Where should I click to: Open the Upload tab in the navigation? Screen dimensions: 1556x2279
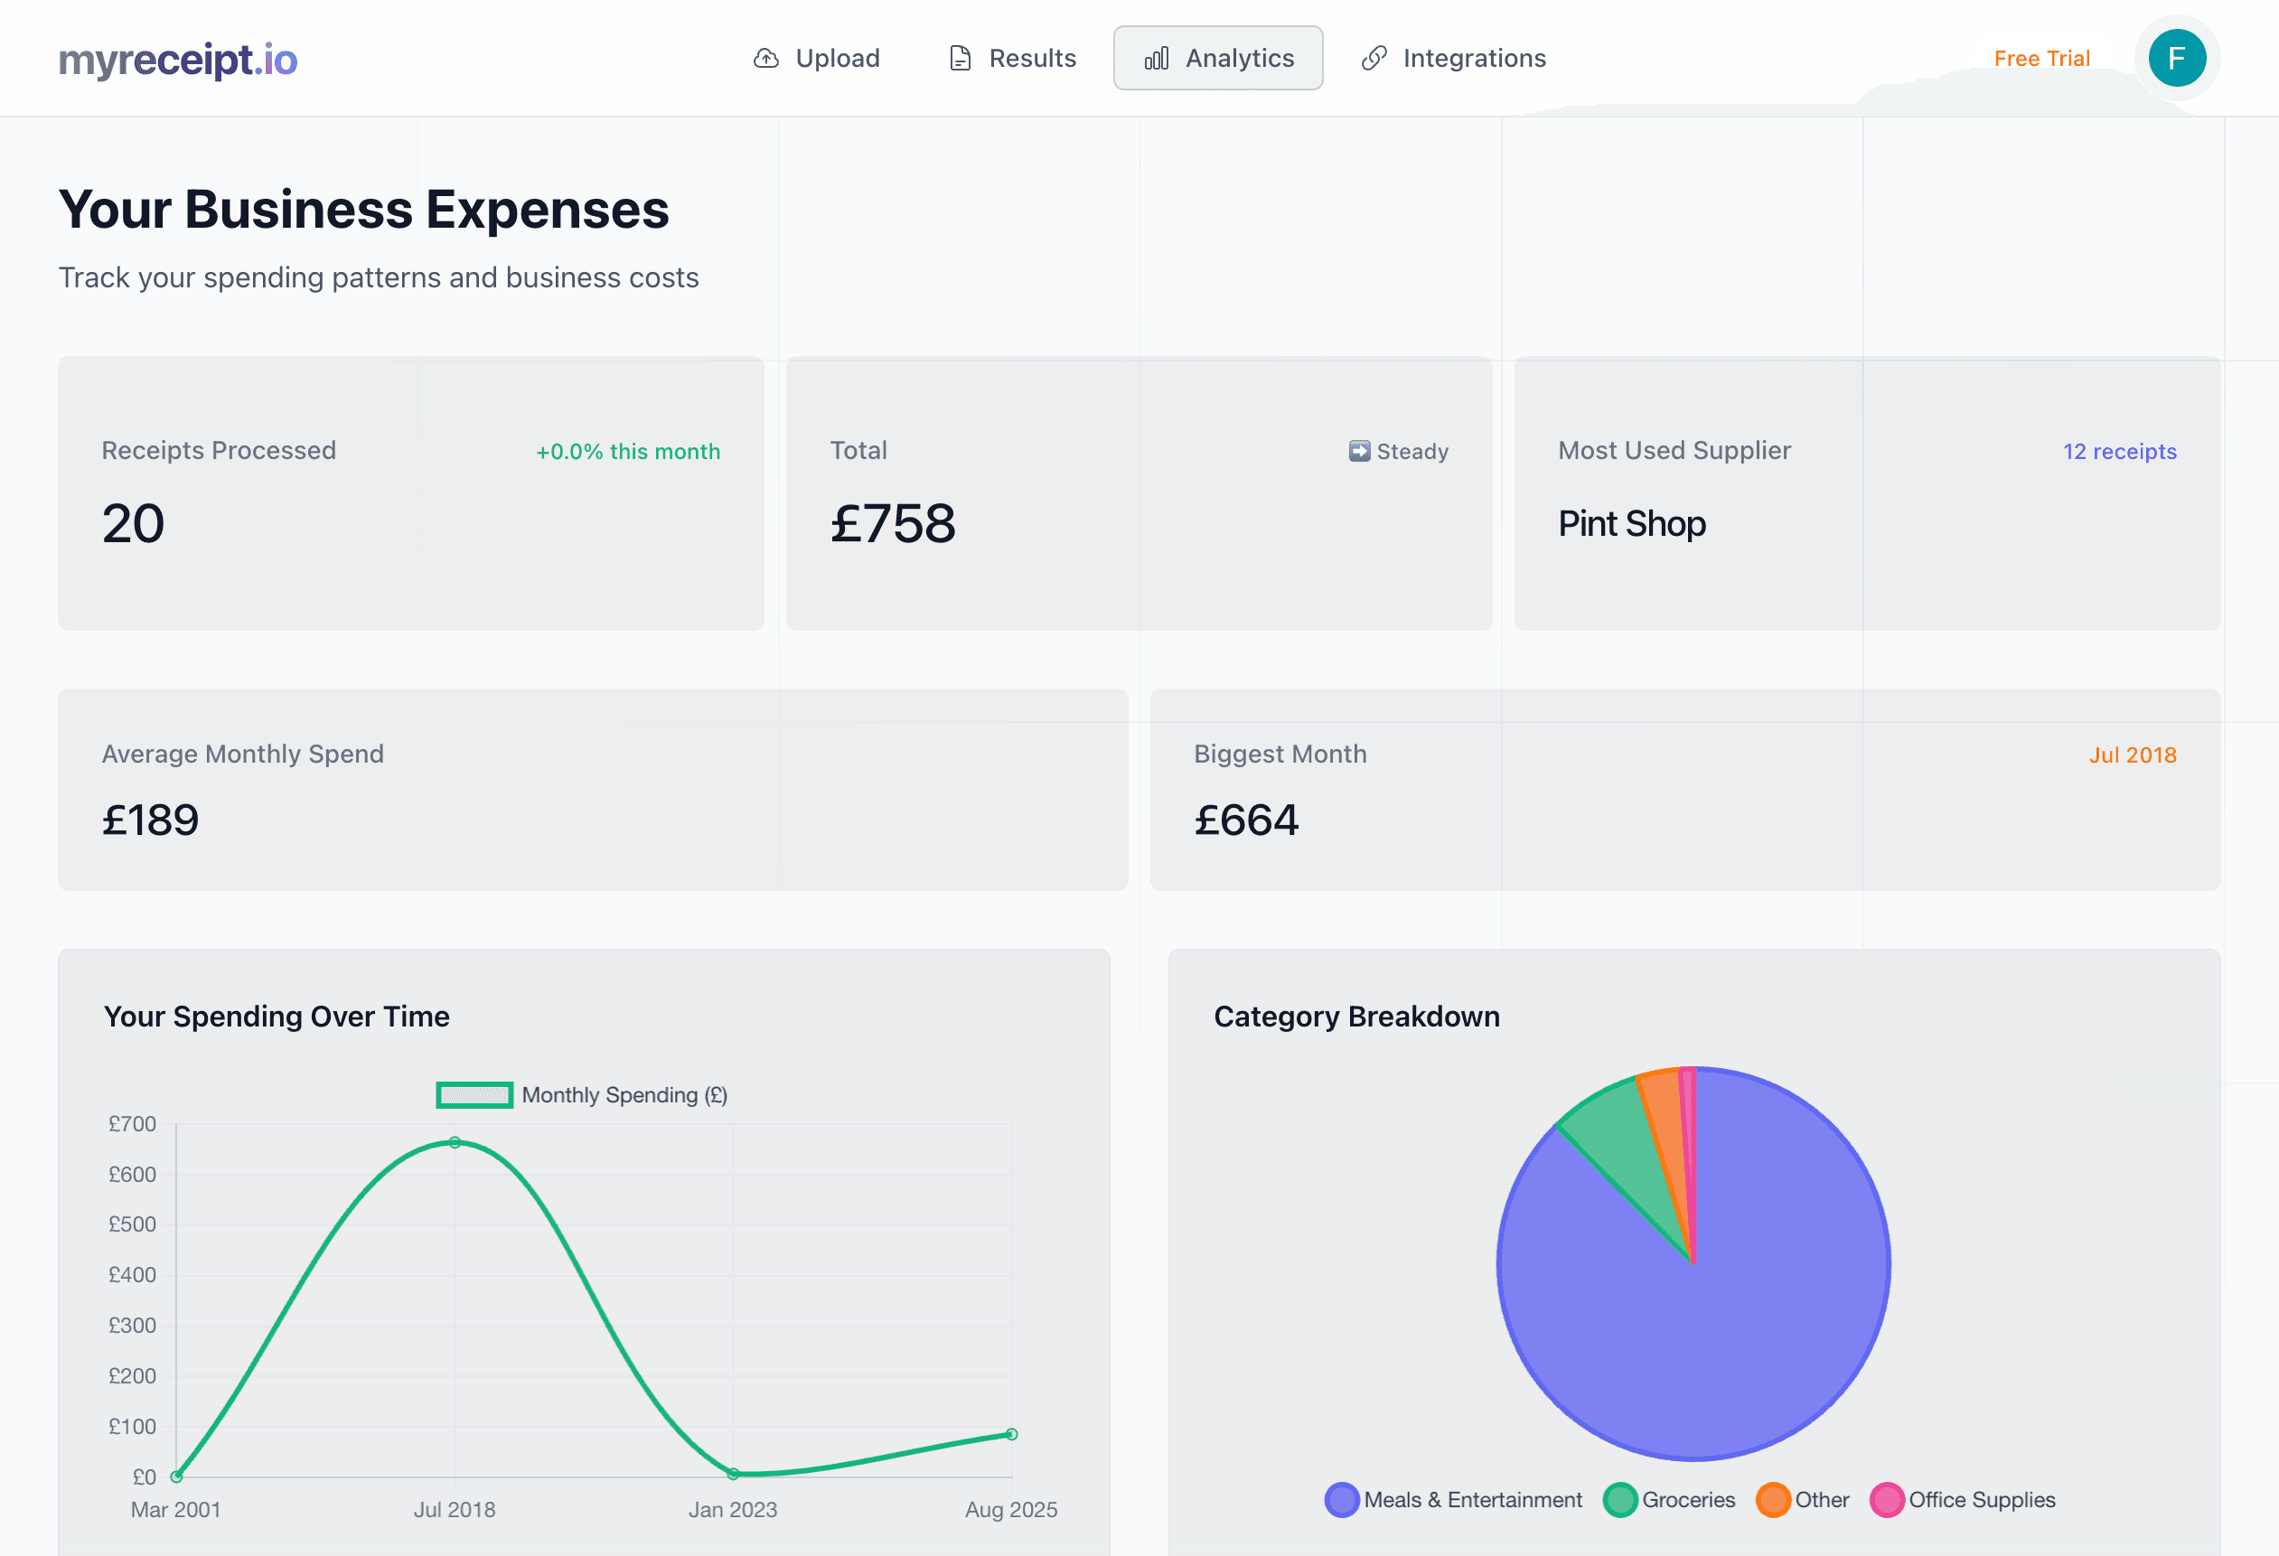point(816,59)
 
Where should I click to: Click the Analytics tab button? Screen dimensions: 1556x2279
point(1218,59)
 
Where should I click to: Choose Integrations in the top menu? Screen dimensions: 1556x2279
point(1453,59)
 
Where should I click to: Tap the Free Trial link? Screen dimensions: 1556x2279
point(2041,59)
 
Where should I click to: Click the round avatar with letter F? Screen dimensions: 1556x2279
point(2176,59)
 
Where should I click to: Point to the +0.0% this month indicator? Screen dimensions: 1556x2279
point(628,452)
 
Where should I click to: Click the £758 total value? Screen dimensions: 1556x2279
point(893,523)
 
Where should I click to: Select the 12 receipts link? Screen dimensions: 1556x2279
point(2119,452)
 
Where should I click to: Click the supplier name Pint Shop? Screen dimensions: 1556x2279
point(1632,523)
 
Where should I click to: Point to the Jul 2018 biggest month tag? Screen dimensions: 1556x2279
point(2132,755)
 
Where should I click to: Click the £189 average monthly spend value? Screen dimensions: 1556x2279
point(151,820)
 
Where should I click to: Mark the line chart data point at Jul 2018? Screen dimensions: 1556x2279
point(455,1143)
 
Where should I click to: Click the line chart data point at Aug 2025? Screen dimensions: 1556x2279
point(1012,1434)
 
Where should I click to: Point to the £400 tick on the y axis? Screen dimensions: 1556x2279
point(133,1276)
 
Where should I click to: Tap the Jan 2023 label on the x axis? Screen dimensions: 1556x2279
point(733,1510)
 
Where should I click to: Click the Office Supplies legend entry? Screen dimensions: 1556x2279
point(1964,1500)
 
